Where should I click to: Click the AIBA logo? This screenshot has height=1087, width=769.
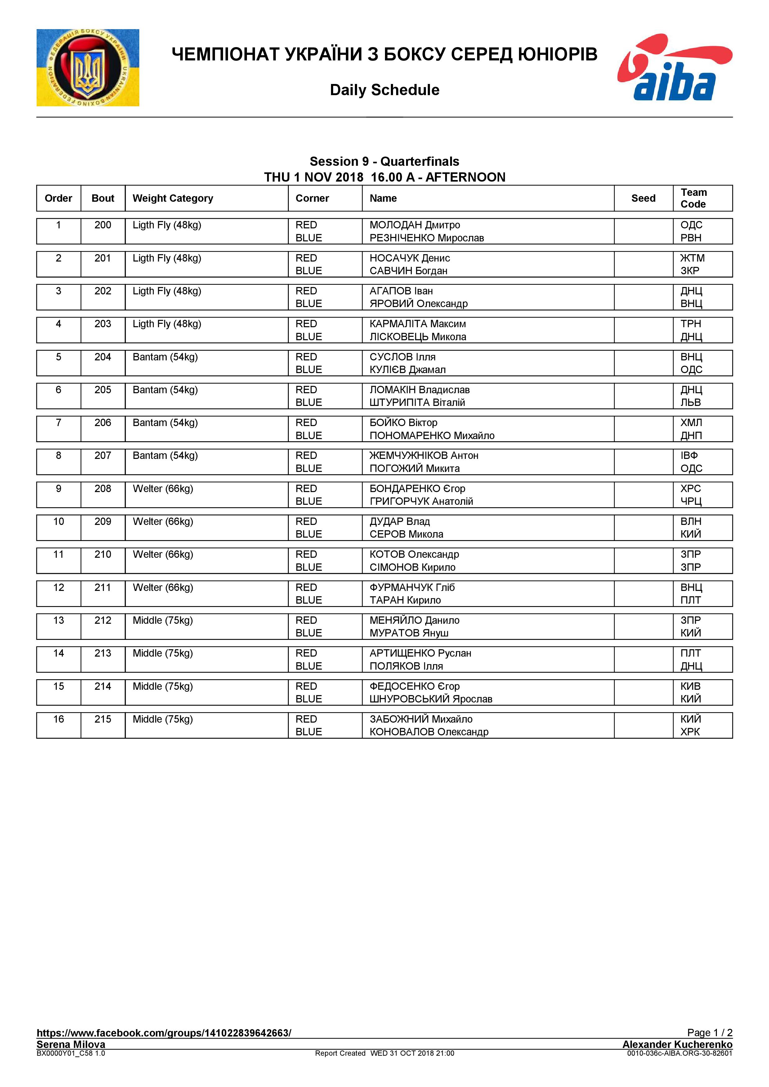pos(674,67)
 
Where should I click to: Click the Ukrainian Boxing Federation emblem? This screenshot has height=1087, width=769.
pos(88,68)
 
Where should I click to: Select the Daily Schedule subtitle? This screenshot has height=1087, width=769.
pos(384,90)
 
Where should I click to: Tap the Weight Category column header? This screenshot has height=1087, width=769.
pos(173,198)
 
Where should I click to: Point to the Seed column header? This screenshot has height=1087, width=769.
pos(643,198)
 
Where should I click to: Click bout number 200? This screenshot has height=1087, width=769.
pos(103,225)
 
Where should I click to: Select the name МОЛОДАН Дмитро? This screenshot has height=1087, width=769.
pos(414,225)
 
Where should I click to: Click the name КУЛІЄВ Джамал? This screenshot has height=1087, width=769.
pos(408,370)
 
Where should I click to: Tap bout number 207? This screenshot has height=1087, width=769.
pos(103,455)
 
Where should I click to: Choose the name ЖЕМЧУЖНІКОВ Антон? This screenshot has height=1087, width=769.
pos(424,455)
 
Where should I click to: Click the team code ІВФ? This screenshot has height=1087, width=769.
pos(689,455)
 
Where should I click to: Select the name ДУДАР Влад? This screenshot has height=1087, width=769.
pos(400,521)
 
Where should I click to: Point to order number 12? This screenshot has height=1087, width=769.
pos(58,588)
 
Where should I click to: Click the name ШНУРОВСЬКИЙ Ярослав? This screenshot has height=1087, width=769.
pos(431,699)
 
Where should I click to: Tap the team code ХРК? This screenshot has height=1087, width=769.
pos(690,732)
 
